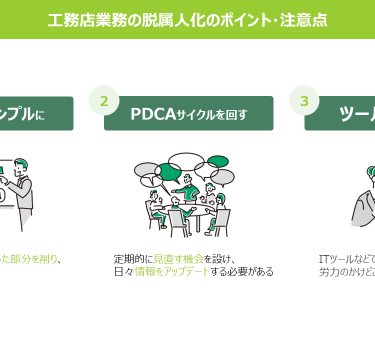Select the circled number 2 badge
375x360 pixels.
point(104,100)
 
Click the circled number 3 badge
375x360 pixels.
point(304,100)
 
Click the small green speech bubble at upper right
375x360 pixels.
point(218,161)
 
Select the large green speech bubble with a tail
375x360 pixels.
point(167,173)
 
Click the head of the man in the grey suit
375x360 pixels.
point(20,165)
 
